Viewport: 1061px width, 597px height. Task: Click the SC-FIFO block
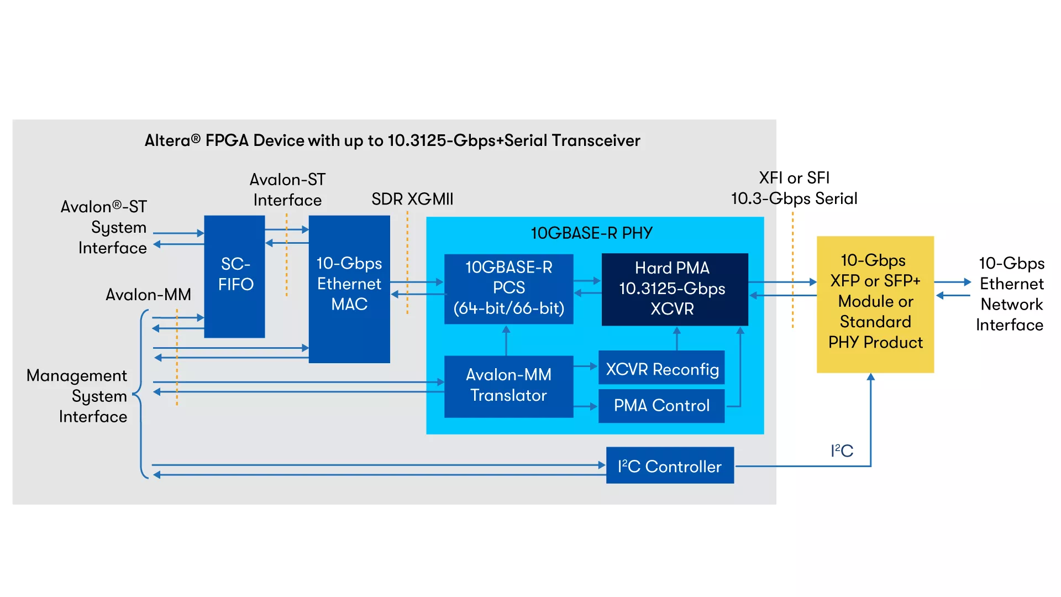pyautogui.click(x=234, y=276)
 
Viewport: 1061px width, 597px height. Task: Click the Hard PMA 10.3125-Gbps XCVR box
pyautogui.click(x=674, y=289)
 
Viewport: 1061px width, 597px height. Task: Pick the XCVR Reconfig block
pyautogui.click(x=661, y=368)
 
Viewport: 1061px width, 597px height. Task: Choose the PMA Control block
pyautogui.click(x=661, y=406)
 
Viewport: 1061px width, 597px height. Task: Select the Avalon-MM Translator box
pyautogui.click(x=508, y=386)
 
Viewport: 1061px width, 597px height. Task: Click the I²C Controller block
pyautogui.click(x=670, y=465)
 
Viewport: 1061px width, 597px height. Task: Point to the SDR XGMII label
pyautogui.click(x=412, y=199)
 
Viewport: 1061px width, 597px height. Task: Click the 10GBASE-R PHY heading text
pyautogui.click(x=591, y=233)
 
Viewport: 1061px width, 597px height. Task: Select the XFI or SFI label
pyautogui.click(x=794, y=178)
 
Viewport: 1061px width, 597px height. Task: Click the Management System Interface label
pyautogui.click(x=77, y=396)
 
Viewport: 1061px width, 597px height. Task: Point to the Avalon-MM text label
pyautogui.click(x=148, y=295)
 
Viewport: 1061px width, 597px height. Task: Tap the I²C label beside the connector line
pyautogui.click(x=842, y=451)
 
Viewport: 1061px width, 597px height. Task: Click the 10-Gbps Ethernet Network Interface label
pyautogui.click(x=1011, y=294)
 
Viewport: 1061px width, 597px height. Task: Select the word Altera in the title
pyautogui.click(x=167, y=140)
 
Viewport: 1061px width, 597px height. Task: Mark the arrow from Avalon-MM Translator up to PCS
pyautogui.click(x=506, y=341)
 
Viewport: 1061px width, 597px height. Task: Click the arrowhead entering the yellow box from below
pyautogui.click(x=871, y=378)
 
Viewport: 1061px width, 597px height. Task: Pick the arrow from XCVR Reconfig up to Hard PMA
pyautogui.click(x=677, y=338)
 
